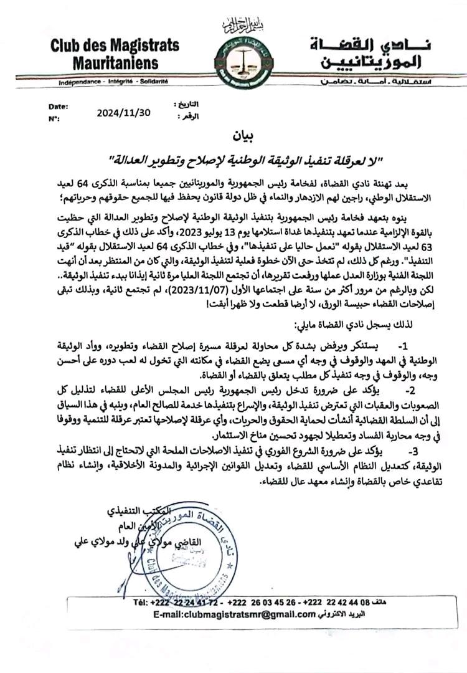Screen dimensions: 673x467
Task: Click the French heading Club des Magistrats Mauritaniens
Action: [x=115, y=54]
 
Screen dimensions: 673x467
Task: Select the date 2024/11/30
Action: [x=124, y=113]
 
